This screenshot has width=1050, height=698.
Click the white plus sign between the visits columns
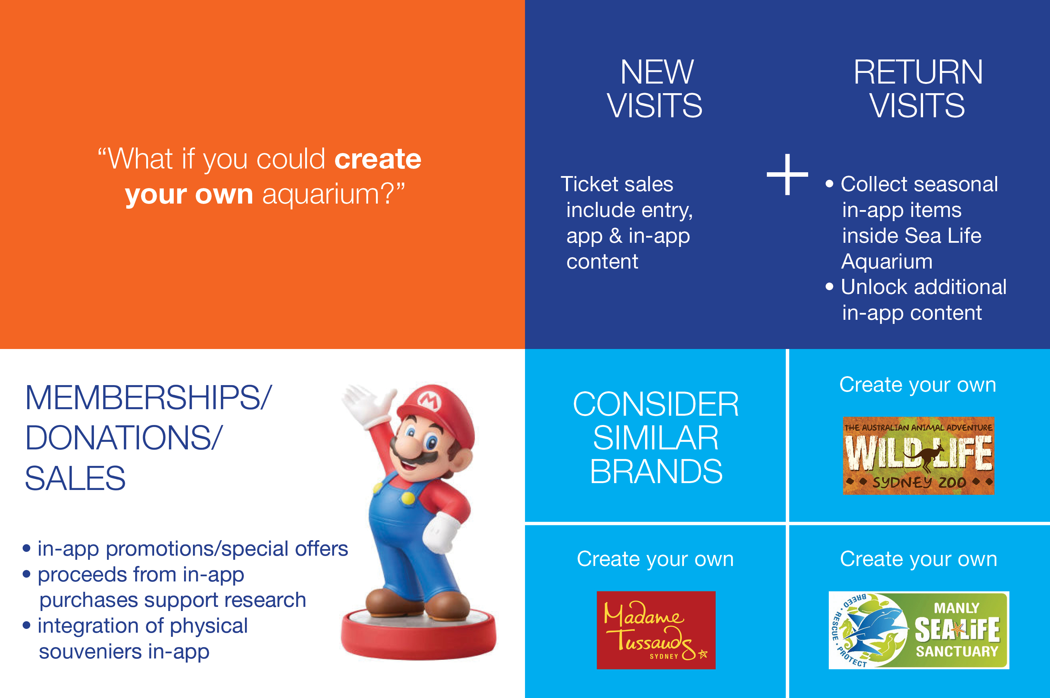point(787,175)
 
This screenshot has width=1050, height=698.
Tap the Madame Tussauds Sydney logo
point(656,630)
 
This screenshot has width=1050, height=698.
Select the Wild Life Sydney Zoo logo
point(918,455)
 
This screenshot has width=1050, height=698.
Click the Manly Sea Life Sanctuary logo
point(919,630)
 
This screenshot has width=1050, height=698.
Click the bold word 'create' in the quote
point(378,159)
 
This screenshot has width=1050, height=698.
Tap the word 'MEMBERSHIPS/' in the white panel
point(148,397)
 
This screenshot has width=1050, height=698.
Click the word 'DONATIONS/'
point(124,438)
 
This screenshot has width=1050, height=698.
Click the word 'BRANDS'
point(656,471)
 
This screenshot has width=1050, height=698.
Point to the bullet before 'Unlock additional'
point(829,287)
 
